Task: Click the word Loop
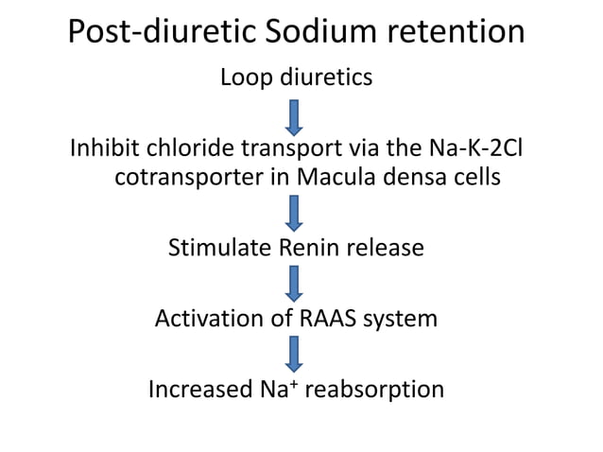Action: tap(247, 78)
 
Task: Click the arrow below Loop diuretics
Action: tap(295, 116)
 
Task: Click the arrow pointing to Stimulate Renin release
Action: tap(295, 214)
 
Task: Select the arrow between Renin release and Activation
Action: tap(295, 282)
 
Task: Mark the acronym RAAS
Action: tap(333, 319)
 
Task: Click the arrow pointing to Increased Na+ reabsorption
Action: tap(295, 353)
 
